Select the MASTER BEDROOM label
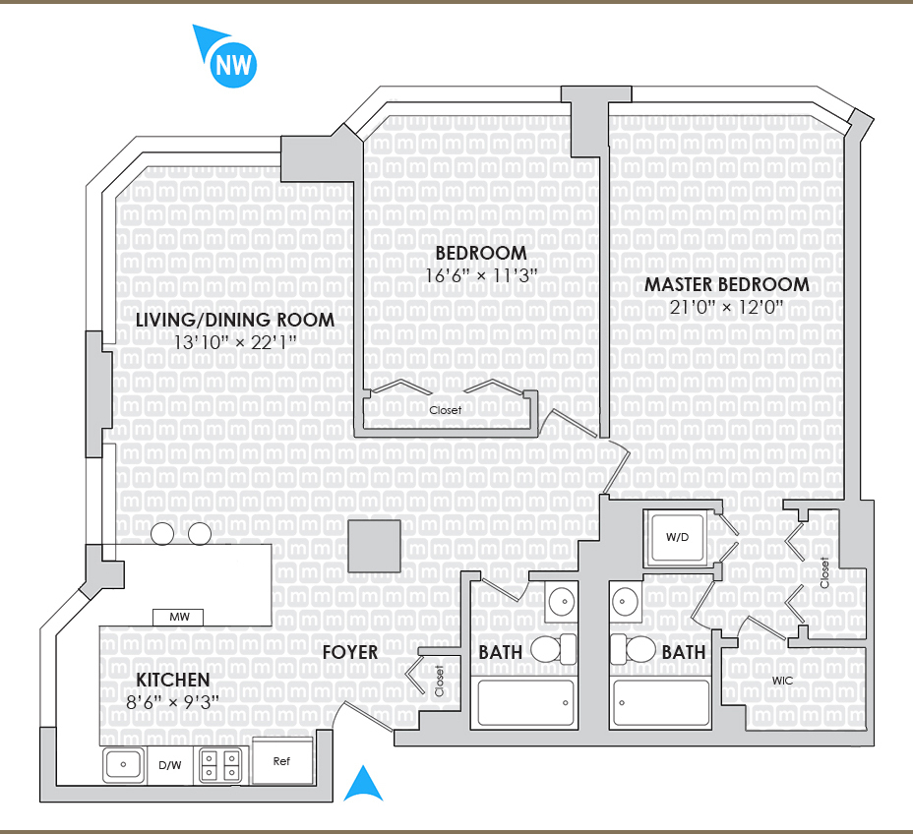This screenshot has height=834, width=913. click(727, 284)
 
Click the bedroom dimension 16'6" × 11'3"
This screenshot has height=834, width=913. click(481, 275)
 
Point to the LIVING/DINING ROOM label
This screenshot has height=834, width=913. click(235, 320)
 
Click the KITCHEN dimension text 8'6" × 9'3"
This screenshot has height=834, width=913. click(173, 701)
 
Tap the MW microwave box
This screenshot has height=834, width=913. click(178, 618)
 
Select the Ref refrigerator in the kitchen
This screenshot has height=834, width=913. click(283, 760)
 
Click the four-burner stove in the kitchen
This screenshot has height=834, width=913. click(221, 764)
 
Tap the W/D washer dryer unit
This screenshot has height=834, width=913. click(676, 537)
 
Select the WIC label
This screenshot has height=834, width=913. click(783, 680)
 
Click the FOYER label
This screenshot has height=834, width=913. click(350, 652)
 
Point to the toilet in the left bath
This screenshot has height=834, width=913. click(553, 649)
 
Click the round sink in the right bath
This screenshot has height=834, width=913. click(625, 599)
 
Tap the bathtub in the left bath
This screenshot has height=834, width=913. click(526, 703)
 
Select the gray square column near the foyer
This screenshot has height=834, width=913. click(374, 546)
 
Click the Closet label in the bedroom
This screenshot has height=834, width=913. click(445, 410)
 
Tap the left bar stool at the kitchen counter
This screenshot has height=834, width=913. click(163, 534)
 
